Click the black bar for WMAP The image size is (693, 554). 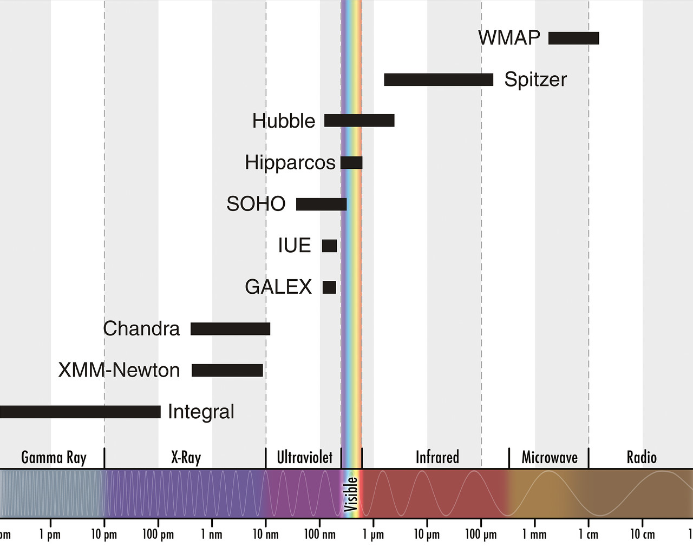pyautogui.click(x=573, y=38)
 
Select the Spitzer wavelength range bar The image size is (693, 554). pyautogui.click(x=439, y=80)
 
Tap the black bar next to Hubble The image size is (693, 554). pyautogui.click(x=359, y=121)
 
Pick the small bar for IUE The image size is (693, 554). pyautogui.click(x=329, y=246)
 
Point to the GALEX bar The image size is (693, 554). pyautogui.click(x=329, y=287)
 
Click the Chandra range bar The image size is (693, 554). pyautogui.click(x=230, y=329)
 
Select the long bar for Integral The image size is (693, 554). pyautogui.click(x=80, y=412)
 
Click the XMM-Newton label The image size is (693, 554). pyautogui.click(x=119, y=370)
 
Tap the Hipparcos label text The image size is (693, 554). pyautogui.click(x=290, y=162)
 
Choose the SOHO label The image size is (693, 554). pyautogui.click(x=256, y=204)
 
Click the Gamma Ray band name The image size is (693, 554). pyautogui.click(x=54, y=458)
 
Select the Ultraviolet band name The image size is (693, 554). pyautogui.click(x=304, y=458)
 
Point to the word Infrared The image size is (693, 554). pyautogui.click(x=437, y=458)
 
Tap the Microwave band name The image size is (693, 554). pyautogui.click(x=549, y=458)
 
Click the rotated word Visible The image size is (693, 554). pyautogui.click(x=351, y=493)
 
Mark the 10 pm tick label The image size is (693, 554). pyautogui.click(x=104, y=535)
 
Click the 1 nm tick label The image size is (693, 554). pyautogui.click(x=211, y=535)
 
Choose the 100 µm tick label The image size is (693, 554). pyautogui.click(x=481, y=535)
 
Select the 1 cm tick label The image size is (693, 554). pyautogui.click(x=589, y=535)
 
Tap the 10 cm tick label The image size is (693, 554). pyautogui.click(x=642, y=535)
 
